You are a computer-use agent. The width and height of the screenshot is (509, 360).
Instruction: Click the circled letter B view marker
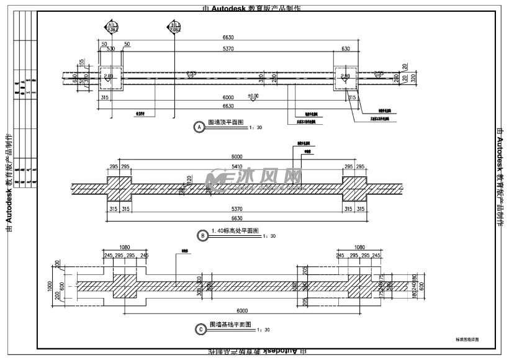click(x=202, y=235)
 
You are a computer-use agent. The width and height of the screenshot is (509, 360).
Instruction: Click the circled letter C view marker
click(x=200, y=330)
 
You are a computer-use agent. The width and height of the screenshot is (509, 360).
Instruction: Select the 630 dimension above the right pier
click(x=345, y=48)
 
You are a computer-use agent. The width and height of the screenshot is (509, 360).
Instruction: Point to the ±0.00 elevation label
click(x=253, y=96)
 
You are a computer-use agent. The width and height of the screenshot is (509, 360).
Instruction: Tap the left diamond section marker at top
click(x=112, y=27)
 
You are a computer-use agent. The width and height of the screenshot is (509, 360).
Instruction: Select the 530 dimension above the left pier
click(x=111, y=48)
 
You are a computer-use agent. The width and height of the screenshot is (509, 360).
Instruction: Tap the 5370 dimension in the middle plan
click(x=237, y=210)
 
